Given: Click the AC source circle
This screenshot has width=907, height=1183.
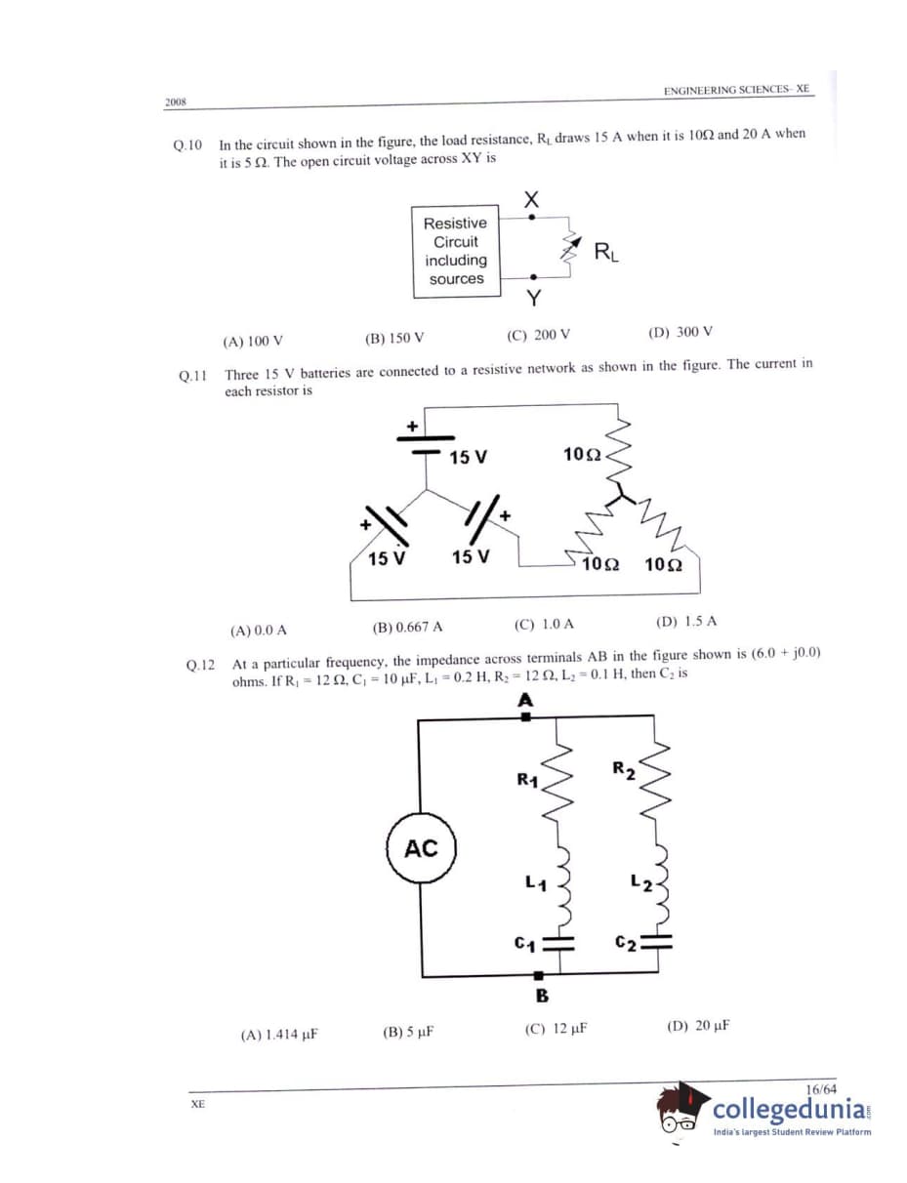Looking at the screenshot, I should [421, 847].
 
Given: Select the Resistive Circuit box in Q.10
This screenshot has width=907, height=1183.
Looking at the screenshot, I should [455, 251].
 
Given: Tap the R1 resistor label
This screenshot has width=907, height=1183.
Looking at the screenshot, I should [527, 779].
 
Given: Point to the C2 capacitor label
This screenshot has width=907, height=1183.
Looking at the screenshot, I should [626, 943].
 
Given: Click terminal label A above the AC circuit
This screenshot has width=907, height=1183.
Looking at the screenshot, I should [525, 700].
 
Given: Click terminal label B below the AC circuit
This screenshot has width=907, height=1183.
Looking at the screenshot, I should [541, 996].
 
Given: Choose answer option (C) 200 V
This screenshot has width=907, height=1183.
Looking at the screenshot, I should [538, 335].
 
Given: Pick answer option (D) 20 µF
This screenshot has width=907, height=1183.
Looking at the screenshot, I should [698, 1026].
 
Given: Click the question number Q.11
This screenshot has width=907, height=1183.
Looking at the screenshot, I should [194, 374].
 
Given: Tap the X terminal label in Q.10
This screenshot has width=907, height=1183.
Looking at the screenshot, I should [531, 199].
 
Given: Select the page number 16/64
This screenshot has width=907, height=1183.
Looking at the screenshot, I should [821, 1088].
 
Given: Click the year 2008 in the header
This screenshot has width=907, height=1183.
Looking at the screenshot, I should [176, 102].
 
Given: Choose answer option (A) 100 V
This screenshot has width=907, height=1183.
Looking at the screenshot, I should [253, 341].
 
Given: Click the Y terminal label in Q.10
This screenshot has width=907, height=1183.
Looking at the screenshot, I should [533, 296].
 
